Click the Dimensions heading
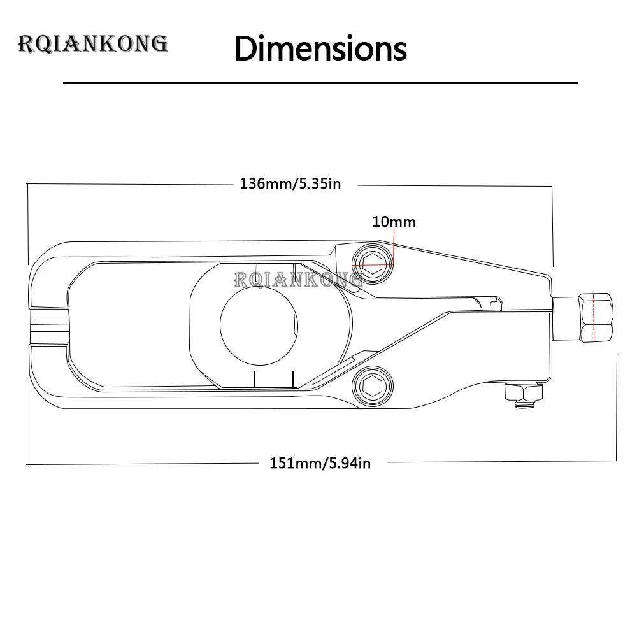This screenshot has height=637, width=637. pos(320,49)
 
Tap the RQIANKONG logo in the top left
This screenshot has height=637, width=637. pos(93,44)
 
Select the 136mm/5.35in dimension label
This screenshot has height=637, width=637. pos(290,183)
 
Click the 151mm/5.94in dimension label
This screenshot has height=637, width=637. pos(320,463)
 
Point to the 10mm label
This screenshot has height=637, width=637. pos(394,222)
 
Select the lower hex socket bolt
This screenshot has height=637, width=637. pos(373,386)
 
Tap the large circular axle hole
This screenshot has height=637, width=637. pos(259,326)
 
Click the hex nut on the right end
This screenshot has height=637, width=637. pos(596,318)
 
